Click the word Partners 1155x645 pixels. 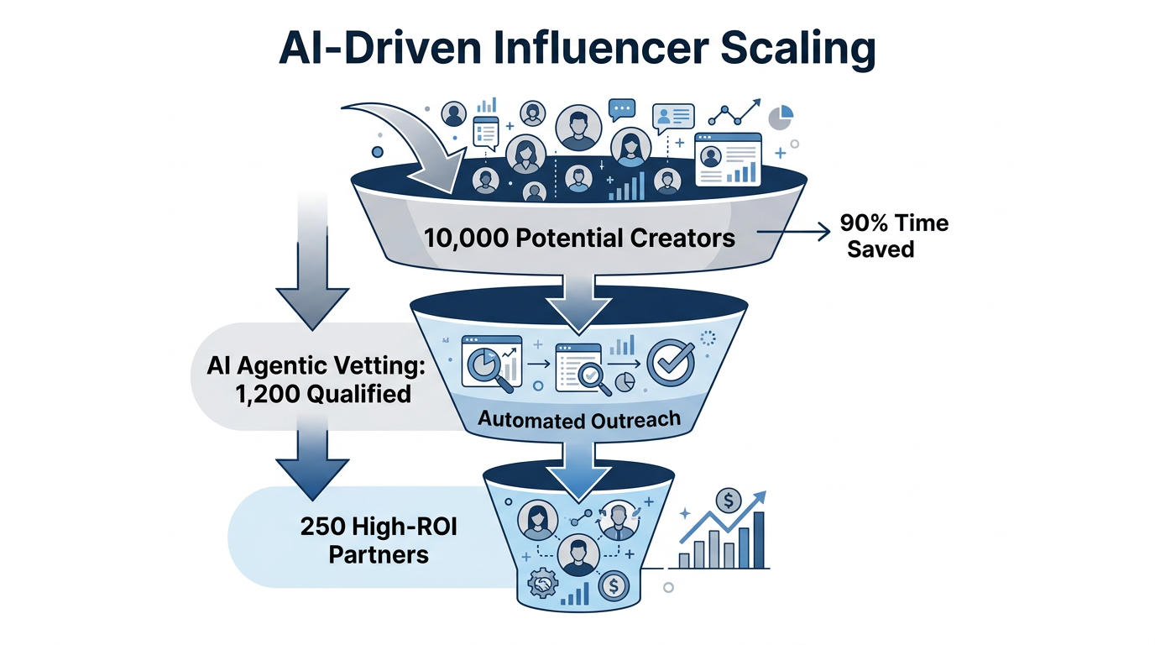[x=379, y=554]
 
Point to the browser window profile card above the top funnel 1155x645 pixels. [x=728, y=160]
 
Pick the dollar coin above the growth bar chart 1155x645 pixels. [x=727, y=502]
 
